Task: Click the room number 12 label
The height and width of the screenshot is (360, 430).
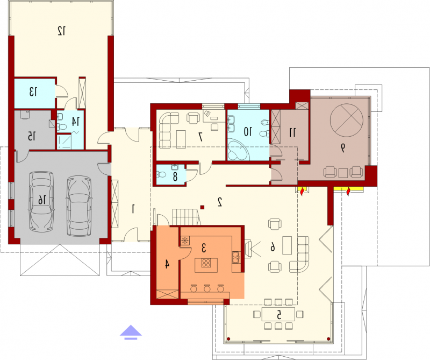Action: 62,31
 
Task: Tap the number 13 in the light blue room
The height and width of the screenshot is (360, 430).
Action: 33,92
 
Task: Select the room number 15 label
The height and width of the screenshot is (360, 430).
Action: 32,136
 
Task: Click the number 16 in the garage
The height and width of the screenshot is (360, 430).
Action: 42,200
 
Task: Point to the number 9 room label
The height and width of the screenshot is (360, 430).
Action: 343,148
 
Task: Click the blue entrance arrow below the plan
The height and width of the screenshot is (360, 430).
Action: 131,332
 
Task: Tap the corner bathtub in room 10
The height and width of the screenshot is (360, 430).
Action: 239,150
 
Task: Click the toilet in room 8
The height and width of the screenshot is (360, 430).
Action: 162,174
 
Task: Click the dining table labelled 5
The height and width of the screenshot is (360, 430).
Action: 278,314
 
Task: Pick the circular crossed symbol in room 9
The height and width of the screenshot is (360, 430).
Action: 347,121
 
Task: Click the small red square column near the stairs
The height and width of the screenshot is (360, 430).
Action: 202,207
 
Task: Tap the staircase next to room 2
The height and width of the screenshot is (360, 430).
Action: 186,217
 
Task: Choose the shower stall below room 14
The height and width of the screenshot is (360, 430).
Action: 64,142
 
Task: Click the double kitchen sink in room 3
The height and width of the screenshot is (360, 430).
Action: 235,257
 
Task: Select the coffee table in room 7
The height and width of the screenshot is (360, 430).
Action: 181,139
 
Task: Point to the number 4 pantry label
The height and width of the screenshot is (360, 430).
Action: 167,264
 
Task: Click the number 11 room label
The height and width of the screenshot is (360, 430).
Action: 292,132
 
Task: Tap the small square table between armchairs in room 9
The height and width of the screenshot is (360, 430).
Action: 343,173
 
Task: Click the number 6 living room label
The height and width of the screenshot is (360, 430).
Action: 273,246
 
